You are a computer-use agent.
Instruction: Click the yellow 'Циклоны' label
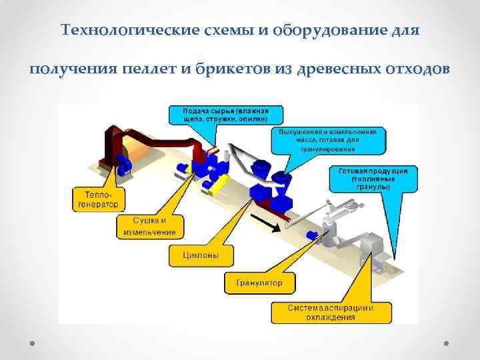pos(199,253)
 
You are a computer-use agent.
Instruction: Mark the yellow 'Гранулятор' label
pos(259,283)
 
